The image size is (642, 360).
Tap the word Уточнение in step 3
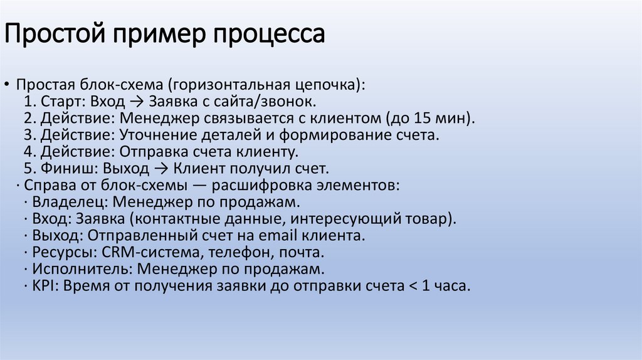click(x=158, y=135)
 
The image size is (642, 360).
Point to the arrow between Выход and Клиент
click(x=161, y=169)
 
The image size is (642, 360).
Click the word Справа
click(x=46, y=186)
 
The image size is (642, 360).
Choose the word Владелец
click(x=60, y=203)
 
